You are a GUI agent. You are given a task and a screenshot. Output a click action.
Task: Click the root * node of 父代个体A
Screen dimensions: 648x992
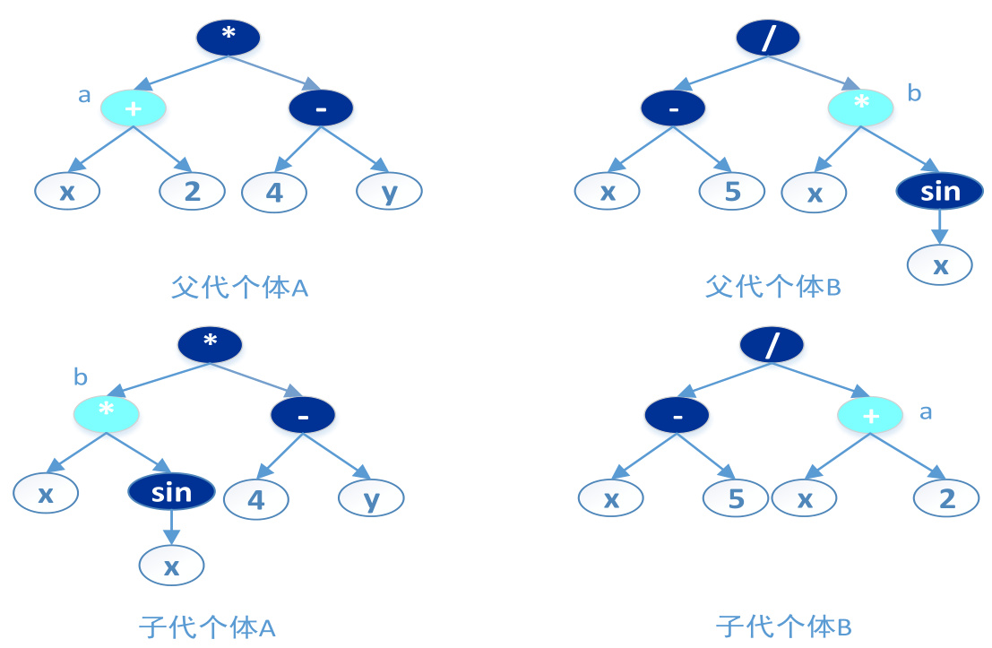(x=229, y=37)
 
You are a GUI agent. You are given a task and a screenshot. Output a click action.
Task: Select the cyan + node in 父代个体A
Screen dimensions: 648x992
(x=134, y=108)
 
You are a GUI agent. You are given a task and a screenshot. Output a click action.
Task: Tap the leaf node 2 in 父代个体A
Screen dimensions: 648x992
(x=192, y=191)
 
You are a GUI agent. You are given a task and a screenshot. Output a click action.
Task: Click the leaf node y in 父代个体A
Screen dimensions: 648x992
(x=389, y=191)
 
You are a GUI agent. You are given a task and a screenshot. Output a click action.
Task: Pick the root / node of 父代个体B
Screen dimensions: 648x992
(x=768, y=37)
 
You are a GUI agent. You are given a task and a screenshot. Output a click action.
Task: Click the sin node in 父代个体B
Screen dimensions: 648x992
(x=939, y=190)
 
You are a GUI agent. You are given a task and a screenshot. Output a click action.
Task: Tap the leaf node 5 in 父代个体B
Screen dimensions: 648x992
(x=732, y=191)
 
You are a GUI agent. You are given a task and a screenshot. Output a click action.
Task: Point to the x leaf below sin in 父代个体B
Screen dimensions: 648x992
(x=939, y=264)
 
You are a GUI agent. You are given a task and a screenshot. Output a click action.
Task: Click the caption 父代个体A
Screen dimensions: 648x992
(x=239, y=288)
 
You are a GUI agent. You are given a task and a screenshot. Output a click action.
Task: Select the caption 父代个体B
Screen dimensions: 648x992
(x=772, y=288)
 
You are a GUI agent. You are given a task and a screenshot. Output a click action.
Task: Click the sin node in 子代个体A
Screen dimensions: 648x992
(x=171, y=491)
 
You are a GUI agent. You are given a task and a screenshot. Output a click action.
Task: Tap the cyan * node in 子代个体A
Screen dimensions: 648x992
(x=106, y=413)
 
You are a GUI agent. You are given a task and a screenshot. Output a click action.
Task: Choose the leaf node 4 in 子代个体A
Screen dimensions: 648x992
(x=256, y=498)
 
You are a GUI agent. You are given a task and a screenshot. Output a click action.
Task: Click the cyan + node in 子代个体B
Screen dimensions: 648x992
(x=869, y=415)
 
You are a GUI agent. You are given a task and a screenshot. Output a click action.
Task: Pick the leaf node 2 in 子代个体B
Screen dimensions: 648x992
(x=946, y=497)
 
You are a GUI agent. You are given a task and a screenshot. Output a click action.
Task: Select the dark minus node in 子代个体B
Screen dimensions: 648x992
(x=677, y=415)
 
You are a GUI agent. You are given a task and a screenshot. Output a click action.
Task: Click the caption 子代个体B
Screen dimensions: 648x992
(x=783, y=626)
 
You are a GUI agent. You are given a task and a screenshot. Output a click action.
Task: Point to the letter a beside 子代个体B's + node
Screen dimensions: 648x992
(x=927, y=412)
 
